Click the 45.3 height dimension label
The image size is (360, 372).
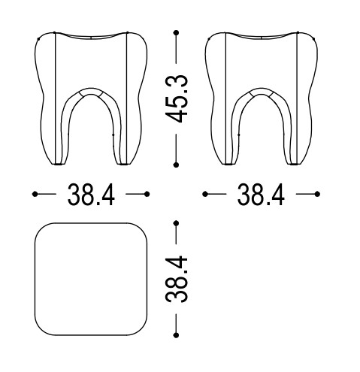[x=177, y=99]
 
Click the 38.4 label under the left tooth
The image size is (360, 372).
[x=91, y=195]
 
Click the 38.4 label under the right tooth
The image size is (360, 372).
[x=261, y=195]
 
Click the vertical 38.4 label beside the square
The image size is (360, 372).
[x=177, y=279]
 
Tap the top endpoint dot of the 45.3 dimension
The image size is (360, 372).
[x=176, y=32]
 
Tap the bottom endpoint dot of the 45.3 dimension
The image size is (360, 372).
[x=176, y=165]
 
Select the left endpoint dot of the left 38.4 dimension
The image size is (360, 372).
[x=35, y=194]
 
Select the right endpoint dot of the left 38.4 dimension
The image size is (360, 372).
[x=147, y=194]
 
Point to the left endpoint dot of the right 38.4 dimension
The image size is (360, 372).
[x=205, y=194]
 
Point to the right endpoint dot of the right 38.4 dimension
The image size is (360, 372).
[x=317, y=194]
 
